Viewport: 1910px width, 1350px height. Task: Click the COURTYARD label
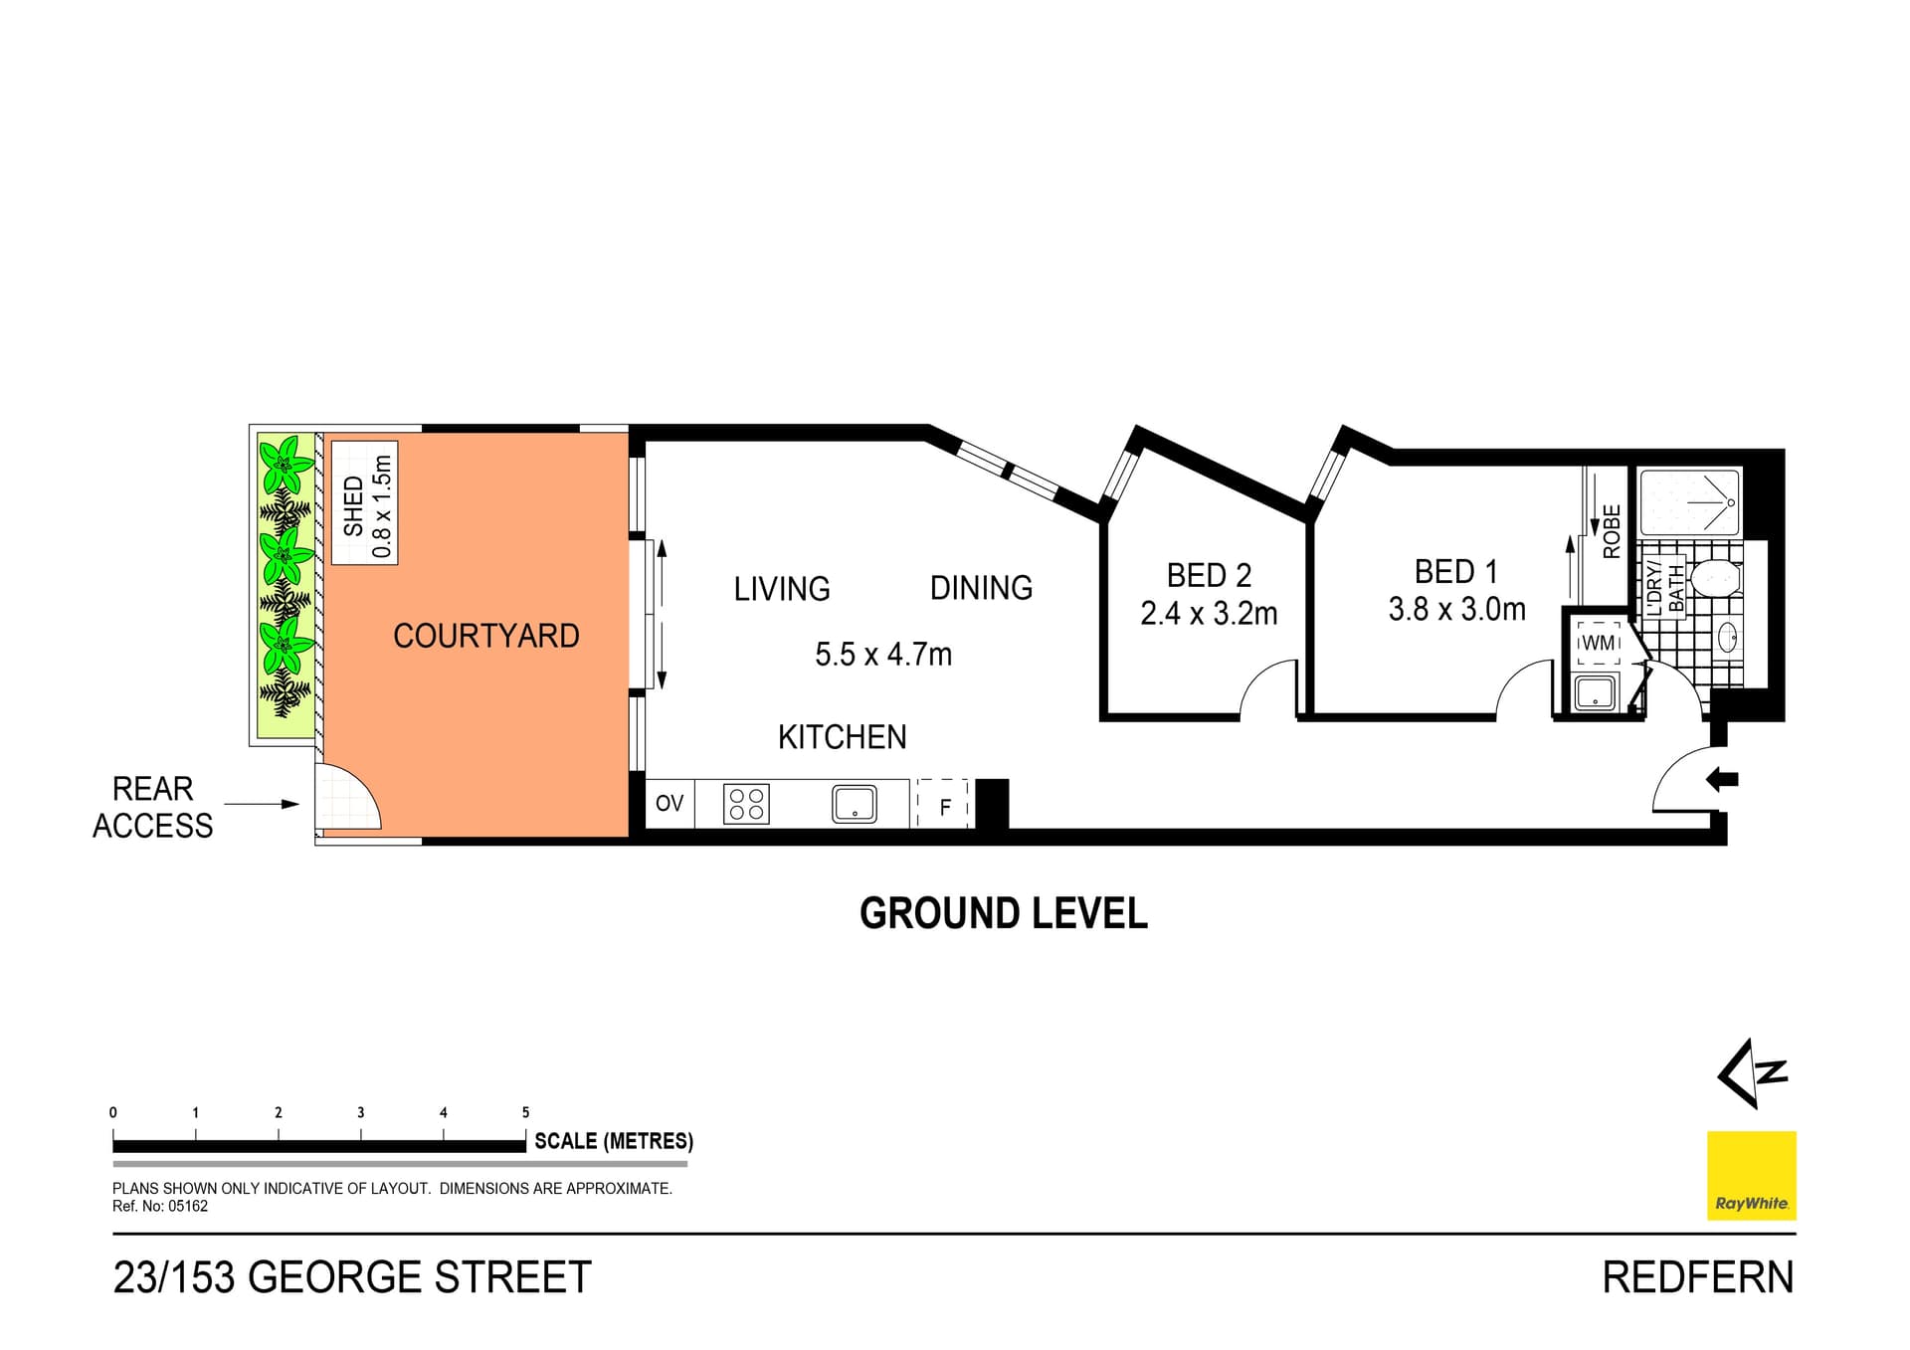(x=485, y=636)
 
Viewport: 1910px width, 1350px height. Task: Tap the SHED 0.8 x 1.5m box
(x=365, y=503)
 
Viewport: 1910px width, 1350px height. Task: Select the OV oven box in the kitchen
(x=669, y=803)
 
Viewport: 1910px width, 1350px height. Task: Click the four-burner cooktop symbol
(x=746, y=804)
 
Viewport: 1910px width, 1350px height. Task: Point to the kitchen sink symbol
(x=854, y=804)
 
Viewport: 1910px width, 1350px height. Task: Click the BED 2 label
(x=1209, y=575)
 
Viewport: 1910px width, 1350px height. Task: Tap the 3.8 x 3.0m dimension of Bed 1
(x=1456, y=609)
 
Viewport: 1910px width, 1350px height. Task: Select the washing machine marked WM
(x=1598, y=643)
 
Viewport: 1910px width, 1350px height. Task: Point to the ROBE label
(x=1612, y=531)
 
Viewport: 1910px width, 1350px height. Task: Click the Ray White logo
(x=1751, y=1175)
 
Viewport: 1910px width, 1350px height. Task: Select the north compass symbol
(x=1752, y=1073)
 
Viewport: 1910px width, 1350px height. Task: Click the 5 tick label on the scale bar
(x=525, y=1112)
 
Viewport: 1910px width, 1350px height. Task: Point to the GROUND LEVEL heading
(x=1003, y=913)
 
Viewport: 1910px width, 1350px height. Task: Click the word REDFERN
(x=1697, y=1277)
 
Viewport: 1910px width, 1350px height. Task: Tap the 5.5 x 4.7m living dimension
(x=883, y=655)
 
